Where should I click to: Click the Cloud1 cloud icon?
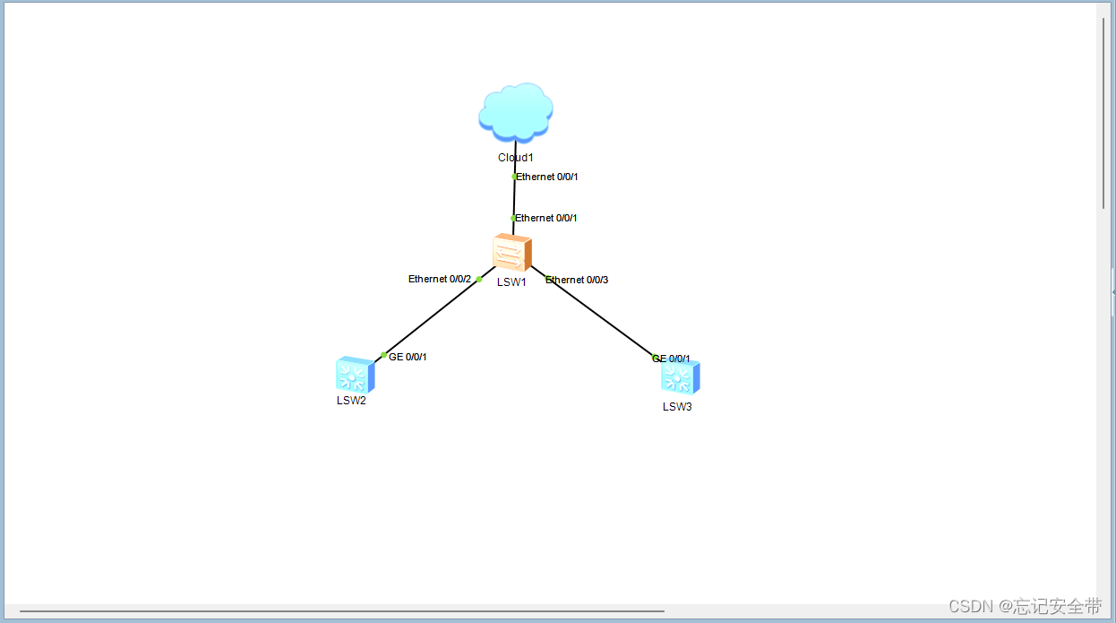pyautogui.click(x=515, y=112)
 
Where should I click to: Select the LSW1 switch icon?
pyautogui.click(x=512, y=253)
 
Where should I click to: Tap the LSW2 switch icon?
pyautogui.click(x=355, y=375)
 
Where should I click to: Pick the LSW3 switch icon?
pyautogui.click(x=680, y=377)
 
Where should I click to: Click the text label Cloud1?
pyautogui.click(x=516, y=158)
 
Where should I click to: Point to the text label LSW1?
pyautogui.click(x=511, y=282)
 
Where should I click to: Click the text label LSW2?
pyautogui.click(x=351, y=401)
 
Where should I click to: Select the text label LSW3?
pyautogui.click(x=677, y=407)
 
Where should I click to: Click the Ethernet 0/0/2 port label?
pyautogui.click(x=440, y=279)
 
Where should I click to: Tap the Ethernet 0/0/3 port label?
pyautogui.click(x=577, y=280)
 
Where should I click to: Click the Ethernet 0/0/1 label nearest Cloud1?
pyautogui.click(x=547, y=177)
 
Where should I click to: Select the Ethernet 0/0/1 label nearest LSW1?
pyautogui.click(x=546, y=218)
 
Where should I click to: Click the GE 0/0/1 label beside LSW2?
pyautogui.click(x=408, y=357)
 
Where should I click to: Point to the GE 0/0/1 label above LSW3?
pyautogui.click(x=672, y=359)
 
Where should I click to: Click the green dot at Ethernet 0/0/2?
pyautogui.click(x=479, y=279)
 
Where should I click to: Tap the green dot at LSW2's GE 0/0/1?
pyautogui.click(x=384, y=356)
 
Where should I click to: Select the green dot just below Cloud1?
pyautogui.click(x=514, y=177)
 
